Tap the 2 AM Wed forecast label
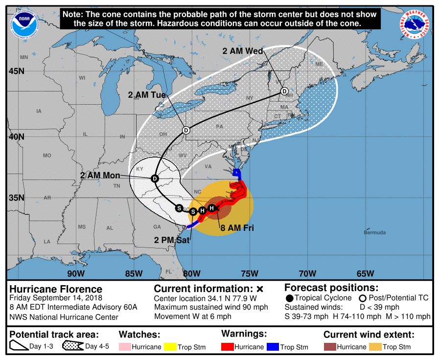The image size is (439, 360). pos(243,51)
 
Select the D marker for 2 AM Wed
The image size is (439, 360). pos(284,91)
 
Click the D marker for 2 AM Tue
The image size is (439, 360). pos(186,130)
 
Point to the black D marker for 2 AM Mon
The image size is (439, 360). pos(155,179)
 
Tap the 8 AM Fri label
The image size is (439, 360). pos(237,227)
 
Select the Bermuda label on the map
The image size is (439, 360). pos(375,232)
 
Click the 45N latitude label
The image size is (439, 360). pos(16,71)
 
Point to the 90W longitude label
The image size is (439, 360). pos(76,273)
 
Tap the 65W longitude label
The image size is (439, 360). pos(365,273)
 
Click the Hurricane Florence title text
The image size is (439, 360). pos(56,289)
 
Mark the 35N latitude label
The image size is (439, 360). pos(16,198)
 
